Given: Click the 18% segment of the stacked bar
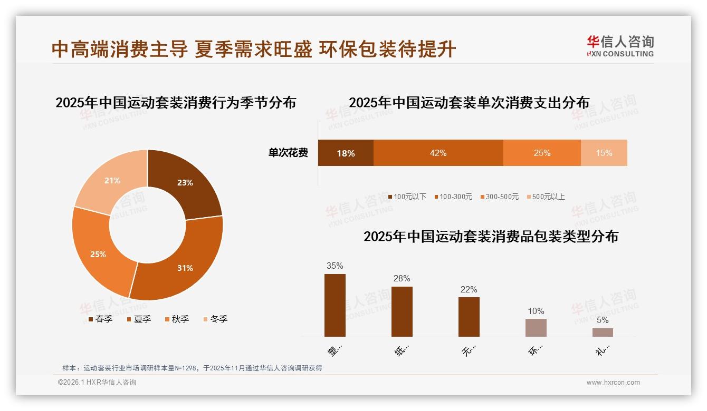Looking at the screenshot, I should click(x=346, y=153).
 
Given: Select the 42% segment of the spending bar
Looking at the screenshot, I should click(x=438, y=153).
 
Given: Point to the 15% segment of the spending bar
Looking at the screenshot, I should click(x=604, y=153).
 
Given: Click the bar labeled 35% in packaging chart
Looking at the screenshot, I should click(x=335, y=305).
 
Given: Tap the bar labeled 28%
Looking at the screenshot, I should click(x=402, y=311).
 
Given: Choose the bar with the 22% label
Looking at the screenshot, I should click(x=469, y=317).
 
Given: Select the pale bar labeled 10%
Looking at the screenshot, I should click(x=536, y=328).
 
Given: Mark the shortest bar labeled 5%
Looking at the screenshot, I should click(x=603, y=332).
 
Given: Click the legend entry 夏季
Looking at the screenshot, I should click(x=139, y=319).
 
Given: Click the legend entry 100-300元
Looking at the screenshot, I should click(x=453, y=197).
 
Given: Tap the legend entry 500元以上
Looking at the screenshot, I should click(x=546, y=197).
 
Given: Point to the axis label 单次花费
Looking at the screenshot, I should click(x=288, y=153).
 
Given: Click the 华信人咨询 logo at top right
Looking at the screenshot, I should click(x=620, y=46).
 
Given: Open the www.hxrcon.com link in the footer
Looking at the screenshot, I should click(x=613, y=383).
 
